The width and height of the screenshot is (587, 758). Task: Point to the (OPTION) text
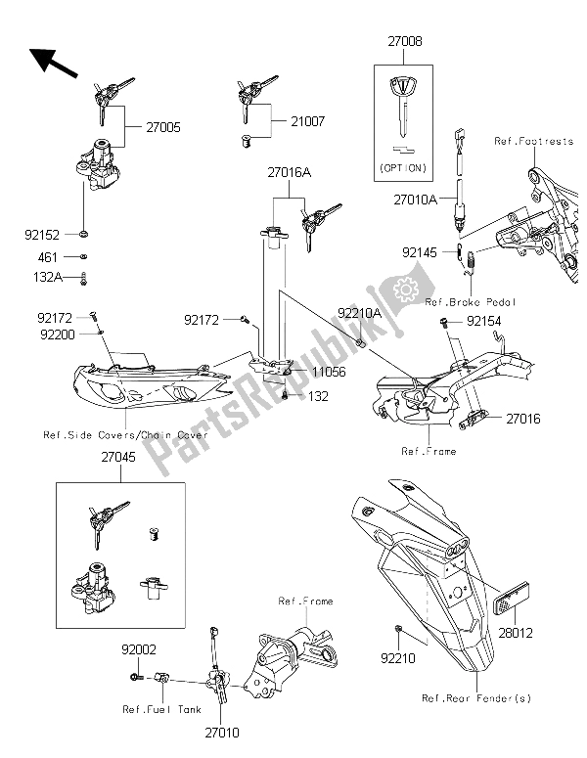(402, 168)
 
